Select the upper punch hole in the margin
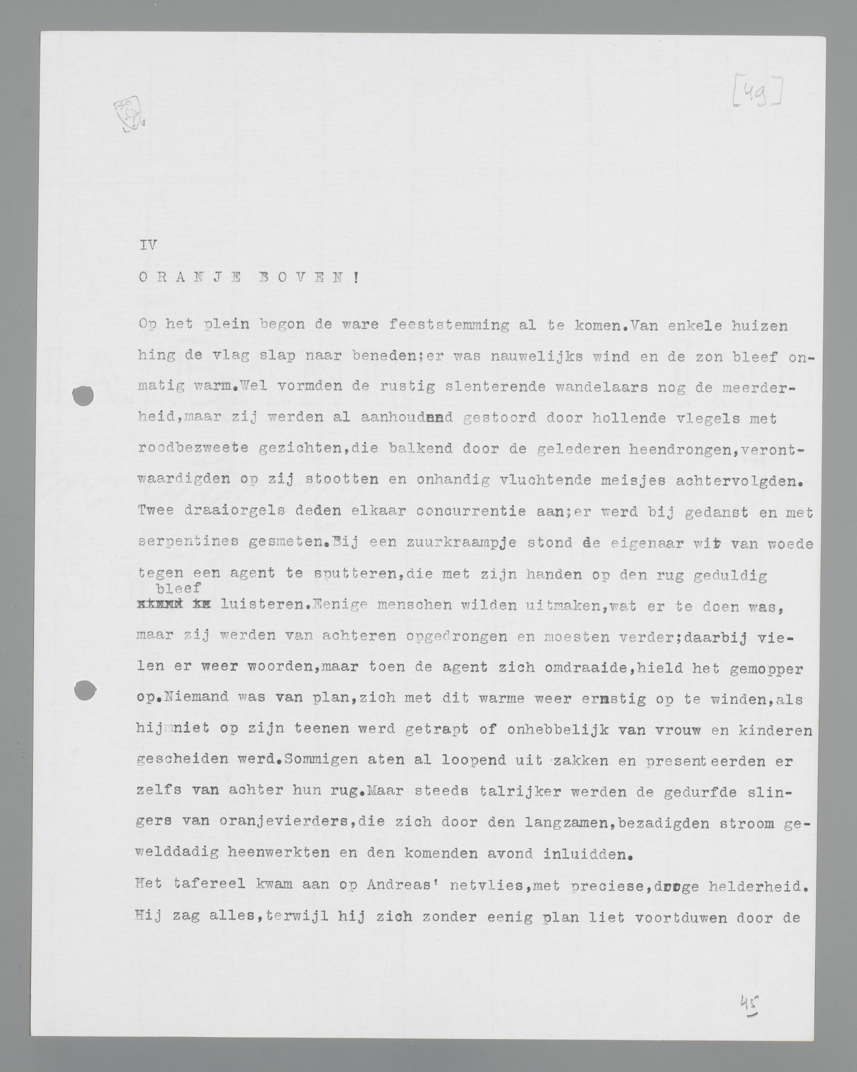[x=83, y=396]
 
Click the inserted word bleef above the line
[x=178, y=588]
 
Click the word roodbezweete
[x=193, y=448]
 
